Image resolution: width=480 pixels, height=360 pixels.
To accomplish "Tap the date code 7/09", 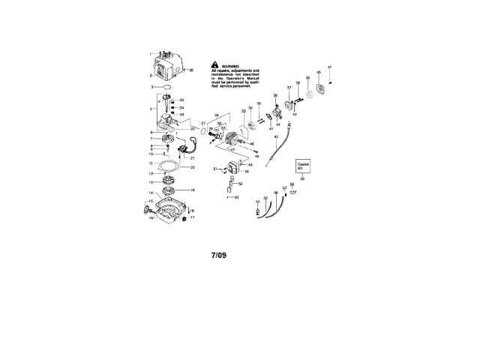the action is point(218,255).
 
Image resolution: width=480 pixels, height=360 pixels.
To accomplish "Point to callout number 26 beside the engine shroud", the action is point(191,70).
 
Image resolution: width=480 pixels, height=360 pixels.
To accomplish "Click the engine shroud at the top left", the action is point(169,65).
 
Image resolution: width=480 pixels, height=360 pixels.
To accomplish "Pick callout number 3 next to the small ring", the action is point(152,87).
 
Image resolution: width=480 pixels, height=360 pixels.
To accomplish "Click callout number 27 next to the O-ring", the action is point(203,123).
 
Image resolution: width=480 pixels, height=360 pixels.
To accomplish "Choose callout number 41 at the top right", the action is point(330,68).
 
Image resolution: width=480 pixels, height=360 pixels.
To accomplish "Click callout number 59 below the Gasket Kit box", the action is point(302,179).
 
